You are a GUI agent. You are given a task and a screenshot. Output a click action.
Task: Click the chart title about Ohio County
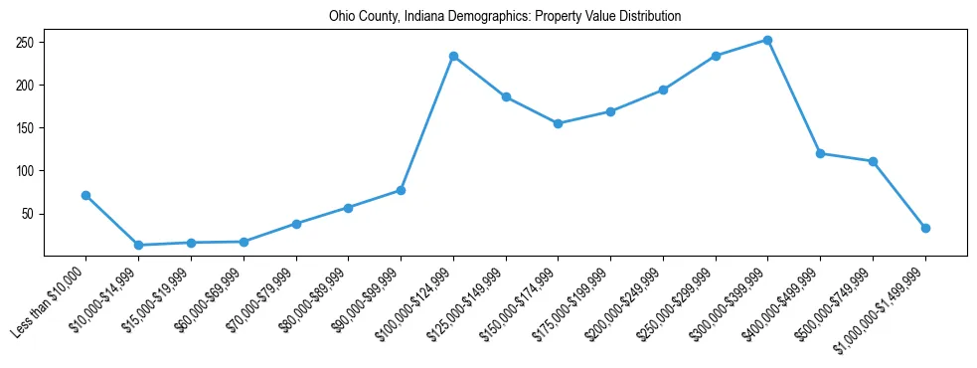[x=505, y=17]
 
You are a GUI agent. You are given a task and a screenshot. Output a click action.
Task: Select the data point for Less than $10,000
[x=86, y=195]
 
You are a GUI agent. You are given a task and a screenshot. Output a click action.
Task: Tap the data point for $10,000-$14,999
[x=138, y=245]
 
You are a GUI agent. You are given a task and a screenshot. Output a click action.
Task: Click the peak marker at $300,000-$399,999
[x=767, y=40]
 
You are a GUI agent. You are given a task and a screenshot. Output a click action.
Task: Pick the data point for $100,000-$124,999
[x=453, y=56]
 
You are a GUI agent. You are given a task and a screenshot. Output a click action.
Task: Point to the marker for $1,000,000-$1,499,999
[x=925, y=228]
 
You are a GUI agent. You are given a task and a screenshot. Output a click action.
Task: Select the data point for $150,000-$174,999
[x=558, y=123]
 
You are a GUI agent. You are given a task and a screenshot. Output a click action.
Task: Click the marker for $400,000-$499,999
[x=820, y=153]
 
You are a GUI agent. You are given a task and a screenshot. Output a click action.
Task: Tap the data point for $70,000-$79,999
[x=296, y=224]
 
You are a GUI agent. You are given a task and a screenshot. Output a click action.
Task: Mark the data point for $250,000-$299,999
[x=716, y=56]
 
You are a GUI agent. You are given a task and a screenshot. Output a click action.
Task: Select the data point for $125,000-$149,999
[x=506, y=96]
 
